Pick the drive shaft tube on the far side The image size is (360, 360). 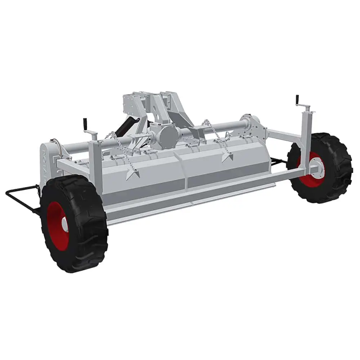coord(223,127)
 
